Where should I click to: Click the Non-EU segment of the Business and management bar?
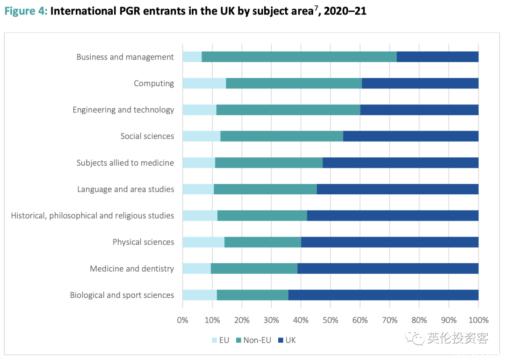(x=299, y=57)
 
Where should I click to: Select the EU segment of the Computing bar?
(x=204, y=83)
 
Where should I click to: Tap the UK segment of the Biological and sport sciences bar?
(x=383, y=295)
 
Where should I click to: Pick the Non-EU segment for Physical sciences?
(x=263, y=242)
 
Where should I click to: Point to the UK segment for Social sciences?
(x=411, y=136)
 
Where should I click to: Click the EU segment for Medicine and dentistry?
(x=197, y=268)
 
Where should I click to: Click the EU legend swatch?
(x=215, y=340)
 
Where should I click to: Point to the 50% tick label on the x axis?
(x=330, y=320)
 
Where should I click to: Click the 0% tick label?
(x=182, y=320)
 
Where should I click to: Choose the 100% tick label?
(x=478, y=320)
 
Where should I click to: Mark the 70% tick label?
(x=390, y=320)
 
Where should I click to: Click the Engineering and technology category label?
(x=123, y=110)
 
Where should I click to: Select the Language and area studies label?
(x=126, y=189)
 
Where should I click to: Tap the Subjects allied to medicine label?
(x=125, y=163)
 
